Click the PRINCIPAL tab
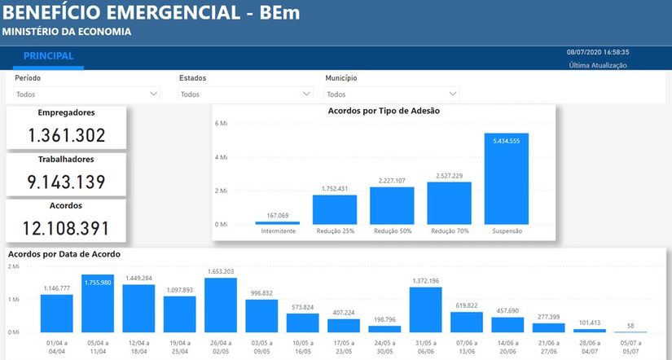tap(48, 57)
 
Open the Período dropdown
tap(86, 94)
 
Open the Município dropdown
tap(391, 94)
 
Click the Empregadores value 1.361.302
tap(67, 135)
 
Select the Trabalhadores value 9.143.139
tap(67, 182)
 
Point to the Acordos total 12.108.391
tap(67, 228)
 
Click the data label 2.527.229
tap(449, 175)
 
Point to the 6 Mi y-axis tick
tap(220, 124)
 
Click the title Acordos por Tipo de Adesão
tap(384, 111)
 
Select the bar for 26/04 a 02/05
tap(221, 305)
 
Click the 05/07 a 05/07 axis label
tap(630, 347)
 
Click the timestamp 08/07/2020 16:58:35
tap(597, 52)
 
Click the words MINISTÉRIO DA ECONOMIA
tap(66, 33)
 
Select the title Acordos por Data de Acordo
tap(64, 254)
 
